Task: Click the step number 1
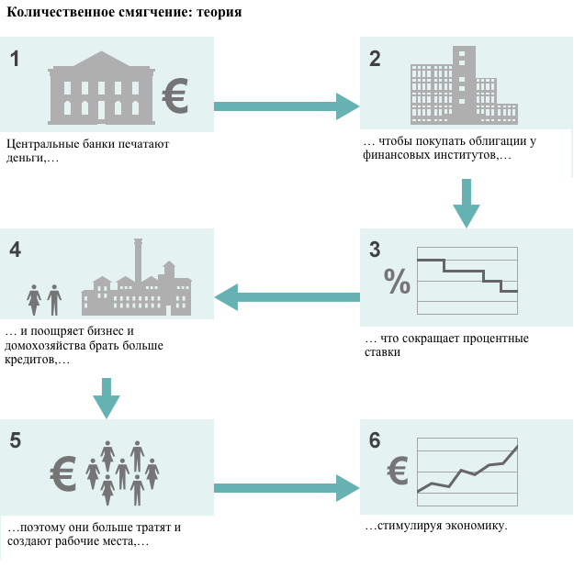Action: [16, 60]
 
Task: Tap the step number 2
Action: [375, 60]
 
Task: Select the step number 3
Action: [375, 250]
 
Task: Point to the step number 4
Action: [16, 250]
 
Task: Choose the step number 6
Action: [375, 440]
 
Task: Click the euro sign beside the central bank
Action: [174, 95]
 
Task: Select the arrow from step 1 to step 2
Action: [285, 106]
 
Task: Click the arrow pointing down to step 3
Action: [467, 203]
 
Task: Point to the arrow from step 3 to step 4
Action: [287, 296]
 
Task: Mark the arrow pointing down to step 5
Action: [107, 393]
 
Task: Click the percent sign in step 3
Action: [398, 281]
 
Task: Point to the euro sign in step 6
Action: [398, 471]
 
